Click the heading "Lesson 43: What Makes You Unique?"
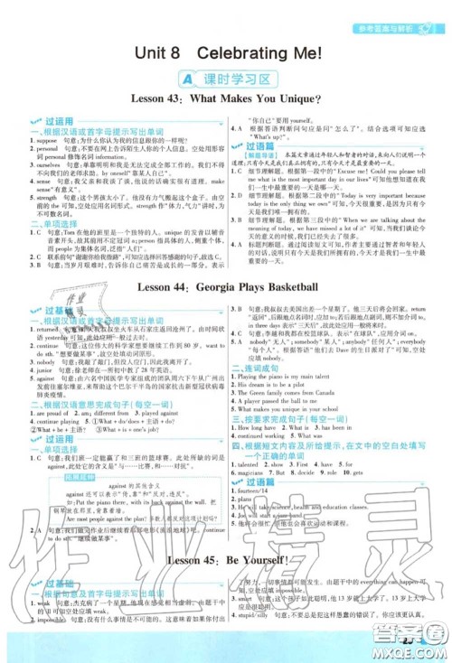(226, 98)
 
